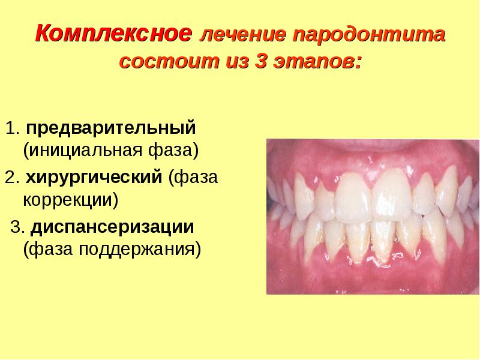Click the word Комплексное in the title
click(x=113, y=33)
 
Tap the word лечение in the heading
click(x=243, y=34)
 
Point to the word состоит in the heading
click(x=169, y=61)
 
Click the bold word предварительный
click(x=111, y=128)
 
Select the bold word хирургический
click(x=94, y=177)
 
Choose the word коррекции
click(x=71, y=200)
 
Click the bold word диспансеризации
click(x=112, y=228)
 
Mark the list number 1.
click(x=12, y=128)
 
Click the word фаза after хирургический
click(x=193, y=178)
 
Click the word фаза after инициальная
click(x=174, y=151)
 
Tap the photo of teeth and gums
click(x=373, y=217)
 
